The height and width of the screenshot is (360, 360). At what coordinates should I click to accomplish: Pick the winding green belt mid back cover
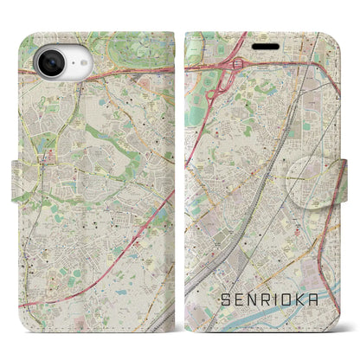pyautogui.click(x=104, y=138)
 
